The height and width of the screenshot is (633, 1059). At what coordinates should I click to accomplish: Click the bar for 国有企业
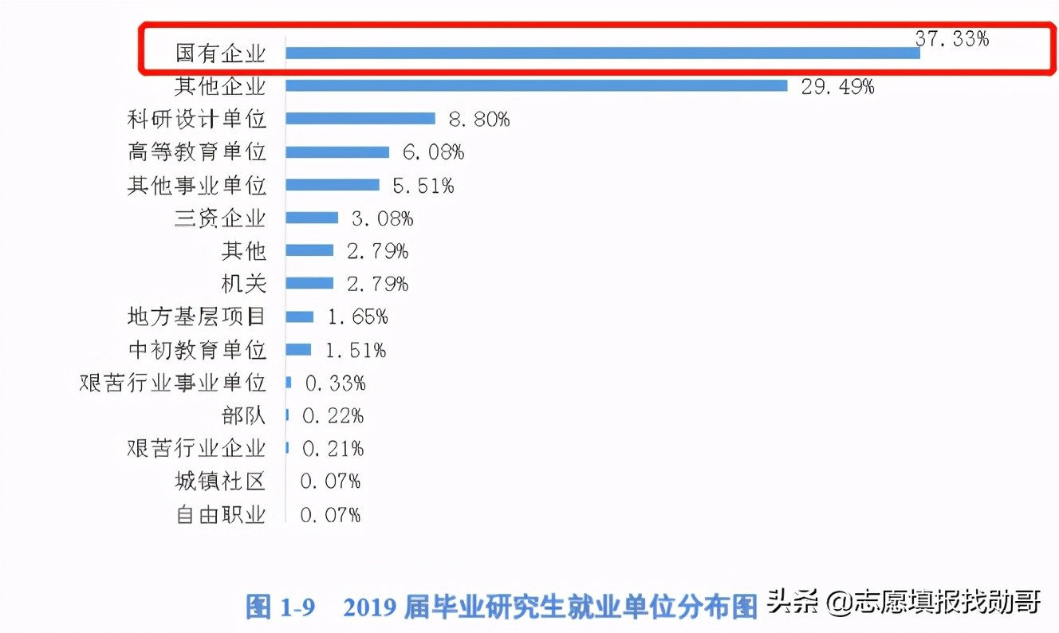602,53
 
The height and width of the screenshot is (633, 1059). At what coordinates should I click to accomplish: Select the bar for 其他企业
536,85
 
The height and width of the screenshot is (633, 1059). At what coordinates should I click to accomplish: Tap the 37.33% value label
951,38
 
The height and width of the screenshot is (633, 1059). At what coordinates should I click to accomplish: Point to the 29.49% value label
837,86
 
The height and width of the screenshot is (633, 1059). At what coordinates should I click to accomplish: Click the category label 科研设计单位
196,120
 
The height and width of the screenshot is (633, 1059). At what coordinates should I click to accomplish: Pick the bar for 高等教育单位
337,151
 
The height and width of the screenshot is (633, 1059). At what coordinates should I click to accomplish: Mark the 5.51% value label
423,186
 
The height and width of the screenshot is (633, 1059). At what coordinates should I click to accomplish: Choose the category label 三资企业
220,218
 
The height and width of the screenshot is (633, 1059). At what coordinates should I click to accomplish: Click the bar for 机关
309,283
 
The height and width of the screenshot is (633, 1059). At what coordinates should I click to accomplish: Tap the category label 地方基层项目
196,316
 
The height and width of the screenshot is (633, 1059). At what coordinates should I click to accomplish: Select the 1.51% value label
356,350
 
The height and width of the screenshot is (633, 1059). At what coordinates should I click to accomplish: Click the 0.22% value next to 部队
333,415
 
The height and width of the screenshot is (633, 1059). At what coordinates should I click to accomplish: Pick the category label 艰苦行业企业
196,448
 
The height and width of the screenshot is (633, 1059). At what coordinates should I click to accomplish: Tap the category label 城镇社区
220,481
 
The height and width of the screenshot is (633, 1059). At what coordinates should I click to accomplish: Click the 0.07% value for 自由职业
330,514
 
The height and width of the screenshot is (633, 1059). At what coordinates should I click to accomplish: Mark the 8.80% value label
478,120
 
